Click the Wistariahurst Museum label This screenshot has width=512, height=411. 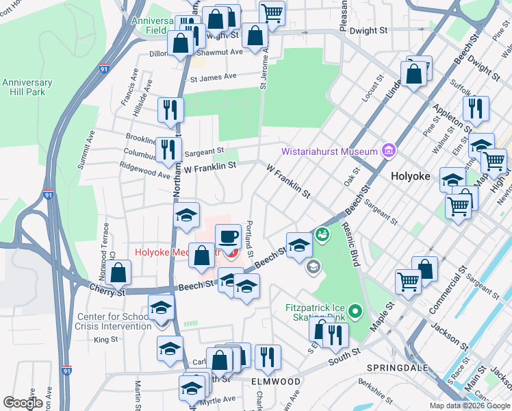(330, 151)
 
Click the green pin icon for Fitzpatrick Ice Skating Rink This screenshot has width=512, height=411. (354, 313)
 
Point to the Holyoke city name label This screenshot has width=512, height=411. (410, 176)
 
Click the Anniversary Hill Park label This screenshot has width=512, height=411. (27, 88)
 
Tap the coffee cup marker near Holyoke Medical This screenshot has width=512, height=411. (229, 236)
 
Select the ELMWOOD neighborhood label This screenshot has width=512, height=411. (276, 381)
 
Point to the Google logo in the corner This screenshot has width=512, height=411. (23, 403)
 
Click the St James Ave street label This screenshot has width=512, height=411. (213, 77)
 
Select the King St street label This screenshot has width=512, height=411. (105, 339)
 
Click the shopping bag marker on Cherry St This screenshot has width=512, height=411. (119, 273)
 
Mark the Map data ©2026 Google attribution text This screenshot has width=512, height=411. (469, 406)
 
